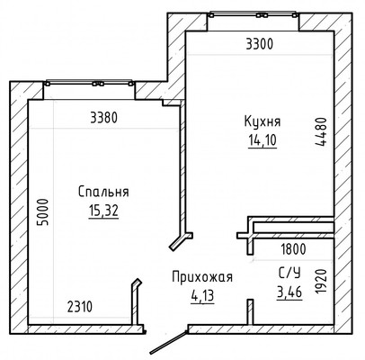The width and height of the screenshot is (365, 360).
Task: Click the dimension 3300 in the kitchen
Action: pyautogui.click(x=258, y=42)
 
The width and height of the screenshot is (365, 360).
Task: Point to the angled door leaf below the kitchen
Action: pyautogui.click(x=182, y=239)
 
